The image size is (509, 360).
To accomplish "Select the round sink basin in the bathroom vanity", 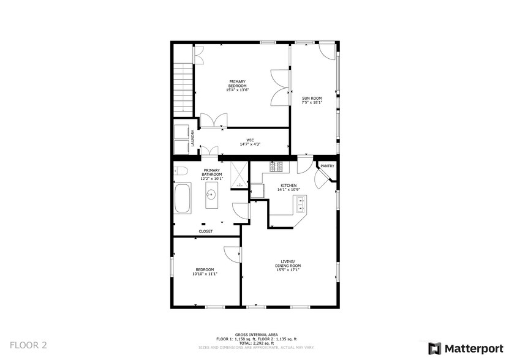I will (211, 195).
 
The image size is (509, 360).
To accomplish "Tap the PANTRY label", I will (327, 165).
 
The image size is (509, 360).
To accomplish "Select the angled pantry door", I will (322, 178).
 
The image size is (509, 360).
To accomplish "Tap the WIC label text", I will (250, 140).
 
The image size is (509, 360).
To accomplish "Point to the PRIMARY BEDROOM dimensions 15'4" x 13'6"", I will (238, 90).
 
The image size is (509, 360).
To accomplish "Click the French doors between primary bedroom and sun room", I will (279, 89).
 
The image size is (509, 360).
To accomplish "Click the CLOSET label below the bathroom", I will (206, 231).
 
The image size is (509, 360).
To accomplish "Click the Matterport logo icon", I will (434, 348).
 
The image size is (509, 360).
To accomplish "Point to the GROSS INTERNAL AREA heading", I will (257, 335).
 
